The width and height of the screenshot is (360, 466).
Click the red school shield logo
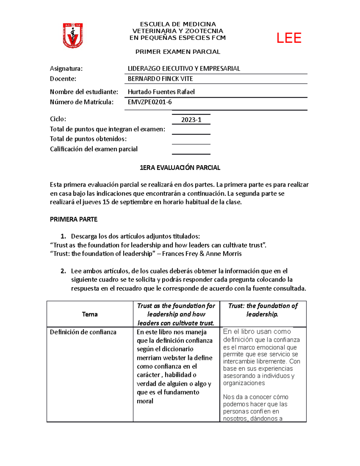click(x=73, y=35)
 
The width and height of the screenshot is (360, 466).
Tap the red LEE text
click(x=289, y=38)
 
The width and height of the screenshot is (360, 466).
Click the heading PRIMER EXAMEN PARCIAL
click(x=178, y=52)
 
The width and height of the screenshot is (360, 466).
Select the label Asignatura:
click(x=66, y=68)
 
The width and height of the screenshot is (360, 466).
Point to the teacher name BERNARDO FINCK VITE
click(x=160, y=79)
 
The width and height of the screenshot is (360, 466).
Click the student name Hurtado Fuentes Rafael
click(x=161, y=92)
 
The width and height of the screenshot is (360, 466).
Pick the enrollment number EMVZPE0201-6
click(x=150, y=102)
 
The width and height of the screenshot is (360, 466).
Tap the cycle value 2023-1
click(x=191, y=120)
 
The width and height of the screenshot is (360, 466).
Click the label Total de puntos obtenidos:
click(x=88, y=139)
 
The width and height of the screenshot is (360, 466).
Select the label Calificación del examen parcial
click(x=94, y=149)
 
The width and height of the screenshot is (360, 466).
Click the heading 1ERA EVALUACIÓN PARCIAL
click(x=180, y=168)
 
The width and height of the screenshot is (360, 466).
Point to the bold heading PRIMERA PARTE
click(x=73, y=219)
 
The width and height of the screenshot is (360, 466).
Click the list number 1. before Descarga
click(x=63, y=236)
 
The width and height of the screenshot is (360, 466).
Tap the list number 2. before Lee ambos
click(x=63, y=271)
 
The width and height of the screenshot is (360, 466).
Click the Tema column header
click(x=90, y=314)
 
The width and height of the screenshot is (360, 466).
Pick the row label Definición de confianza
click(x=83, y=332)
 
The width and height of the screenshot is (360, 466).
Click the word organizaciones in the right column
click(x=244, y=383)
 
